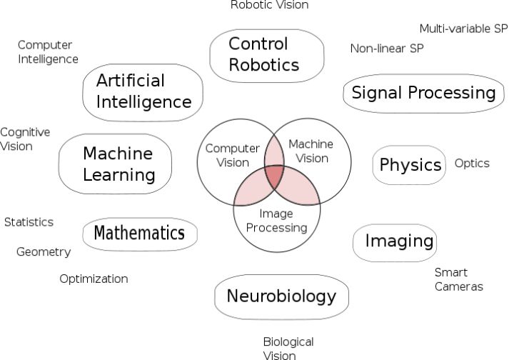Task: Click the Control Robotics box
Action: [263, 54]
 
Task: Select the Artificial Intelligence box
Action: [143, 91]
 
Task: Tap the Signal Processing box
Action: [423, 93]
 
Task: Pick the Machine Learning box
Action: [118, 164]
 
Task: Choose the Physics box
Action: [410, 165]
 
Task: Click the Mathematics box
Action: [139, 234]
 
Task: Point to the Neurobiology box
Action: [281, 296]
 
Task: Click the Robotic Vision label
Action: [269, 6]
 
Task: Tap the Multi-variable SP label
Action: [463, 29]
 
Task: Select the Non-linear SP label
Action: [386, 49]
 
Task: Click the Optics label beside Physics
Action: [472, 164]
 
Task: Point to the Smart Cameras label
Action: [458, 280]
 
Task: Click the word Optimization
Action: [94, 279]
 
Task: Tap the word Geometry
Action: [44, 252]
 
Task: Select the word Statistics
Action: [29, 222]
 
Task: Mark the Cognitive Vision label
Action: [25, 139]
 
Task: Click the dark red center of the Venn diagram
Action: [276, 175]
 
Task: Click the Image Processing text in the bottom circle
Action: [276, 221]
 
